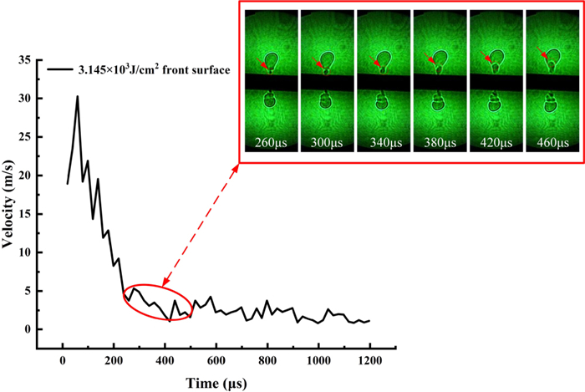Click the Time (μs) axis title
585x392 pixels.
(217, 381)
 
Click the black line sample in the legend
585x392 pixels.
(59, 70)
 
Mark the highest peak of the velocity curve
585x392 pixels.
(78, 96)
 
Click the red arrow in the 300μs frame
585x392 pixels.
(319, 64)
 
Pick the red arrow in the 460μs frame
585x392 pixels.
(543, 55)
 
